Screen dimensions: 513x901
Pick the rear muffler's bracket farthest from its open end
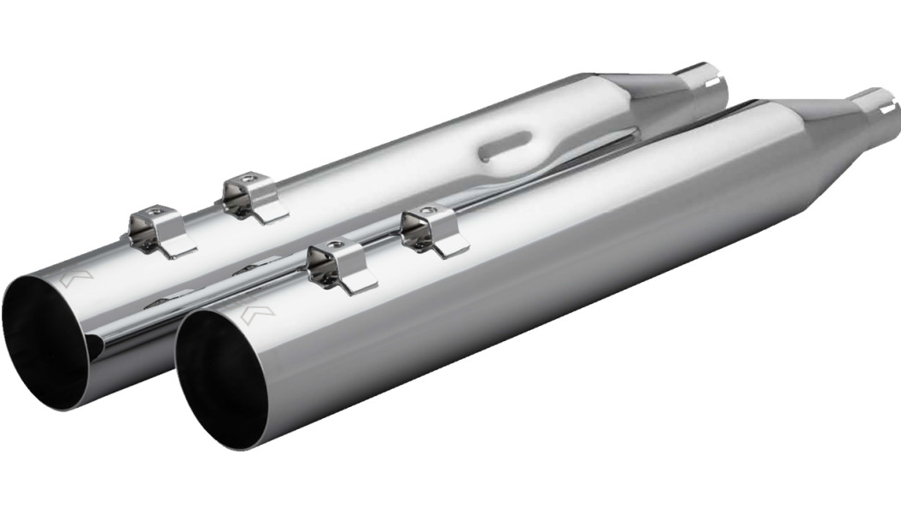(x=252, y=197)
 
